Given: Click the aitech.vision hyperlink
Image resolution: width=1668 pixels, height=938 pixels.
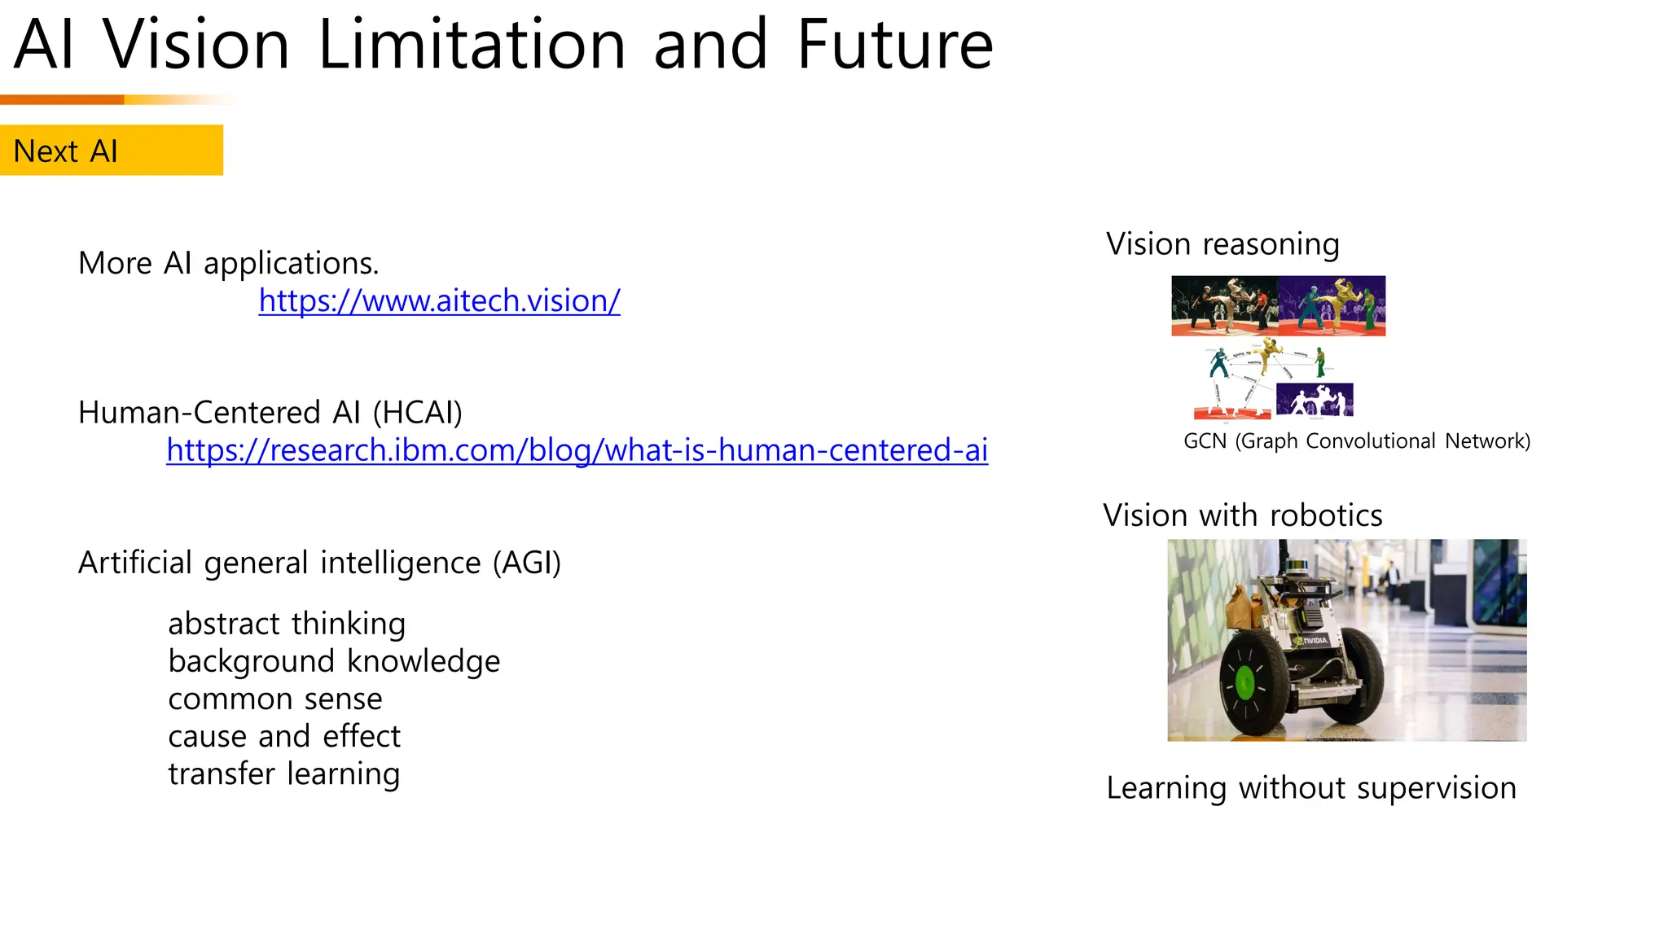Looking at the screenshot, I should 439,300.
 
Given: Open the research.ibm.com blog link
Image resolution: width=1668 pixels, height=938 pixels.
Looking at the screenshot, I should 577,449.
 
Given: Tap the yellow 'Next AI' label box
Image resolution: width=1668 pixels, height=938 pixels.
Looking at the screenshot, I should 112,151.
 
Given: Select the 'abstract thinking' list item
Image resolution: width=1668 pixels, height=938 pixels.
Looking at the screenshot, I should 287,624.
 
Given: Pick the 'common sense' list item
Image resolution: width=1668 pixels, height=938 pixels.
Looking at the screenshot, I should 275,699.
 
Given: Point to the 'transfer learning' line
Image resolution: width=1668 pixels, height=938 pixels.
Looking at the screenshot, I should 284,774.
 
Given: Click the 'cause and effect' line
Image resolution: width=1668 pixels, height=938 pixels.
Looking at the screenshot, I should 284,736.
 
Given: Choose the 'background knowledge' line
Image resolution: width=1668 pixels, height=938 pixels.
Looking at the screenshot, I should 334,661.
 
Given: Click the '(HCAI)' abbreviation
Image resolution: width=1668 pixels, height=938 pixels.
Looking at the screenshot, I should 417,413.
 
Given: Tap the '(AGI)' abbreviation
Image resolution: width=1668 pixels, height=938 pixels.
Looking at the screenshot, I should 526,563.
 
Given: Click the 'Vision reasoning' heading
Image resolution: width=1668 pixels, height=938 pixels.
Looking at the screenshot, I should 1222,244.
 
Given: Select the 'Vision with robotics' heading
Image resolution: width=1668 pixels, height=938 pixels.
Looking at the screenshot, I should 1242,515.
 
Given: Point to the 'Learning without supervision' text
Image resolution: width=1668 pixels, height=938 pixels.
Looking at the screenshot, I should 1310,787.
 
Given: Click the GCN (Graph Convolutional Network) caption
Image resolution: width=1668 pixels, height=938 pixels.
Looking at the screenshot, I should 1356,441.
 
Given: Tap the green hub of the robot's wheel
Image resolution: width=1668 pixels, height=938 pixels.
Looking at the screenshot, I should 1244,682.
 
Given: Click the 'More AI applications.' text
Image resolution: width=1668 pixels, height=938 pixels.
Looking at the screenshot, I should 229,263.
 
